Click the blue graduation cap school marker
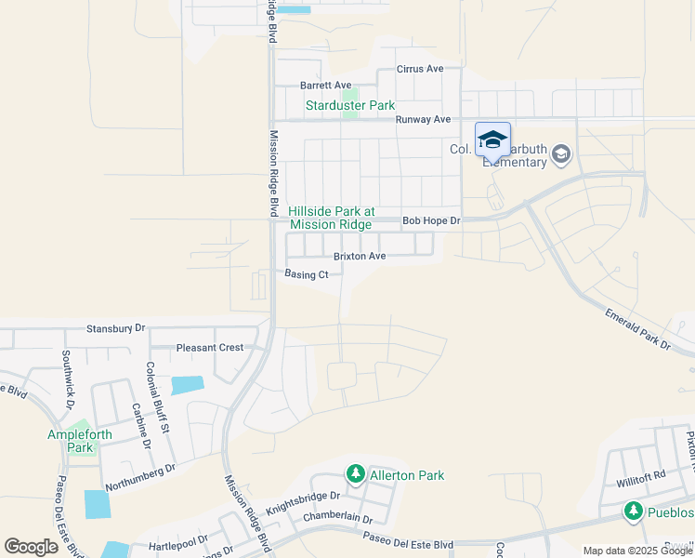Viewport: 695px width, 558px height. pos(492,140)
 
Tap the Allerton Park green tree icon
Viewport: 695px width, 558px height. pos(355,474)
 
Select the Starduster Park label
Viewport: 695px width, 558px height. pos(350,105)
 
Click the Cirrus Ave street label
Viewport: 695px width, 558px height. pos(420,69)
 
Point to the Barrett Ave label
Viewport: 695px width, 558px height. pos(326,85)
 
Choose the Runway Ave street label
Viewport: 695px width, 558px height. pos(423,119)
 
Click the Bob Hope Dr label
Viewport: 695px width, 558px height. pos(431,221)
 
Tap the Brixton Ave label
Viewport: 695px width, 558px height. pos(360,256)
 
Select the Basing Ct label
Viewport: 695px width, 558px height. pos(307,274)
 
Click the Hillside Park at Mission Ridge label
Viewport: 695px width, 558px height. pos(330,218)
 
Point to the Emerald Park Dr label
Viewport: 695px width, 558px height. pos(638,330)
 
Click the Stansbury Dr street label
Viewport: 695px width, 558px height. pos(116,328)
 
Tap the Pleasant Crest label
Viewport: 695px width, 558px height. pos(209,348)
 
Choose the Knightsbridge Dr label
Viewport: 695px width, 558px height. pos(278,503)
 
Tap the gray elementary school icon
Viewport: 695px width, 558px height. pos(560,153)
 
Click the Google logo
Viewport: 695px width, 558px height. pos(32,546)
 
